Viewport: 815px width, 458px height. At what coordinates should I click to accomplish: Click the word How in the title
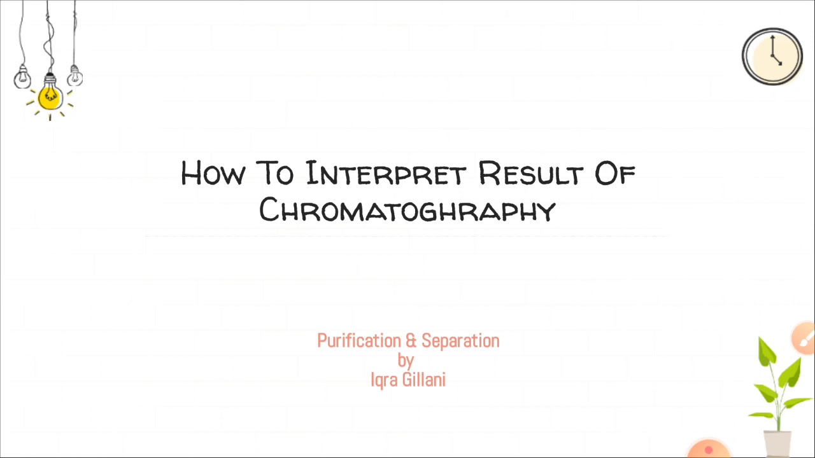click(211, 173)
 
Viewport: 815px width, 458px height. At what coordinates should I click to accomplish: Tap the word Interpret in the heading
click(386, 173)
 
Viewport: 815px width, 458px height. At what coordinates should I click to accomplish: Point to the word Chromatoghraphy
click(407, 210)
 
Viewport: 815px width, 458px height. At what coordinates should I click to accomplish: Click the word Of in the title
click(615, 173)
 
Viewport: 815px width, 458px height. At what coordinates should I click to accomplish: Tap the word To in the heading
click(274, 173)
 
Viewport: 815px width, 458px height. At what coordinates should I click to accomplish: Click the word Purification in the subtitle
click(358, 342)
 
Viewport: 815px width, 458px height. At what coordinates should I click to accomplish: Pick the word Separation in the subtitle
click(460, 342)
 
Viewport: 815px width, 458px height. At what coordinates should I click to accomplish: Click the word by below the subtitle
click(406, 361)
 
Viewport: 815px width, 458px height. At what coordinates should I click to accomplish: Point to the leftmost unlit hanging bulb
click(23, 77)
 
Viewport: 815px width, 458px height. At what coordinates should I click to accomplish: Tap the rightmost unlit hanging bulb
click(75, 76)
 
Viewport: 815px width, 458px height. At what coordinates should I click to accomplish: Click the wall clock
click(772, 56)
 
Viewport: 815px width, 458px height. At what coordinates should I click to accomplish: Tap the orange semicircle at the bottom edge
click(708, 449)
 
